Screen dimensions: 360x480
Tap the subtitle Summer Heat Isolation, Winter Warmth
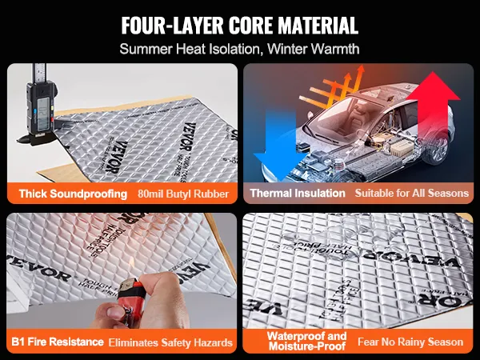[240, 48]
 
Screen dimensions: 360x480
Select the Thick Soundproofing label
[70, 193]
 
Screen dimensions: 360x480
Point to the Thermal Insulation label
[298, 193]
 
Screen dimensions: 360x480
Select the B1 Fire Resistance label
[58, 342]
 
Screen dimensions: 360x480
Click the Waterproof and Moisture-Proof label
[296, 342]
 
